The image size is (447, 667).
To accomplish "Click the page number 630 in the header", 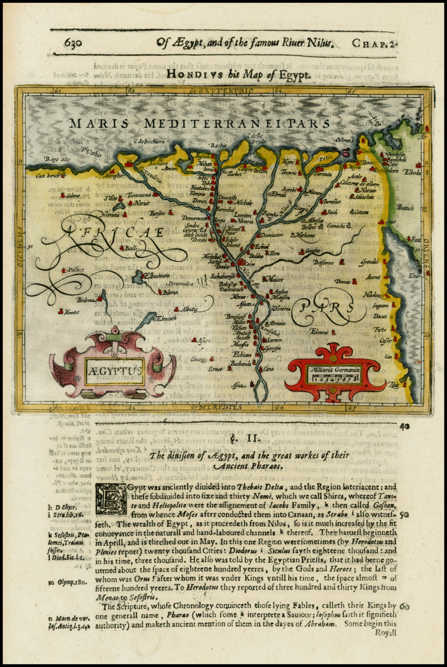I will click(x=77, y=43).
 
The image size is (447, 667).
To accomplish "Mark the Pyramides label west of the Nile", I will click(x=183, y=283).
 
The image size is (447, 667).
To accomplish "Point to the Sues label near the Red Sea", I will click(x=391, y=222).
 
